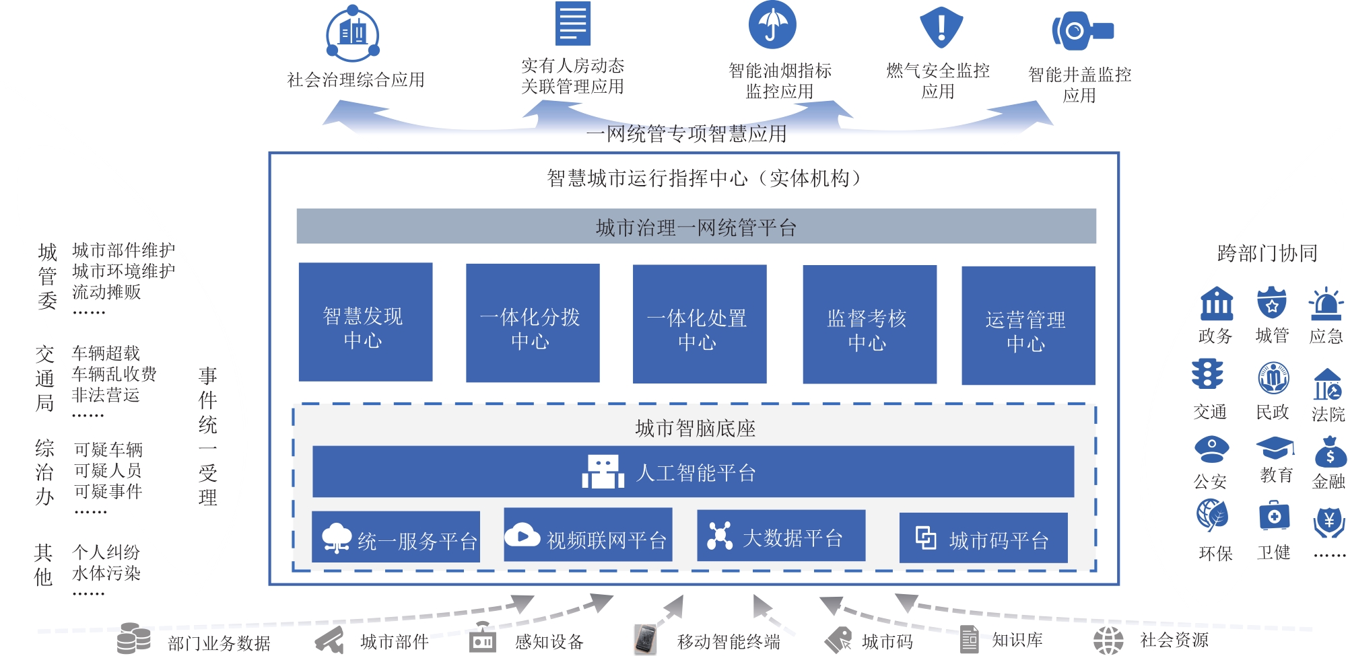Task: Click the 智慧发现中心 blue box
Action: click(365, 322)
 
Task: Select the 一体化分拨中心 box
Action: click(532, 323)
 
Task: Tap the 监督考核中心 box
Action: click(869, 324)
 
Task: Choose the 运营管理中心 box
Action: click(1027, 326)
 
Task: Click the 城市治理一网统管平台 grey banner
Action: click(696, 227)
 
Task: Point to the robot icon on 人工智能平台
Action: click(603, 472)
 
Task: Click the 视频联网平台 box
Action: click(588, 535)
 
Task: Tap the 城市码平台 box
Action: click(983, 538)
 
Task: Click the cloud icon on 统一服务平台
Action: click(336, 538)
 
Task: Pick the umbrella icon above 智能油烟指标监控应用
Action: click(772, 25)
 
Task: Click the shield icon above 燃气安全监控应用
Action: click(941, 27)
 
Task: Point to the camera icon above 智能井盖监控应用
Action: click(1081, 31)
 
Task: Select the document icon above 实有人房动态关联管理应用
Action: click(572, 24)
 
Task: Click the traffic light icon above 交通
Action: click(1207, 375)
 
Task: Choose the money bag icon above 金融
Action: click(1330, 452)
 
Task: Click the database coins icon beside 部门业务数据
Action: click(133, 638)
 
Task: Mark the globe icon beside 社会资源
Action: click(1108, 640)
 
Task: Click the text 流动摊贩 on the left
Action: click(106, 292)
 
